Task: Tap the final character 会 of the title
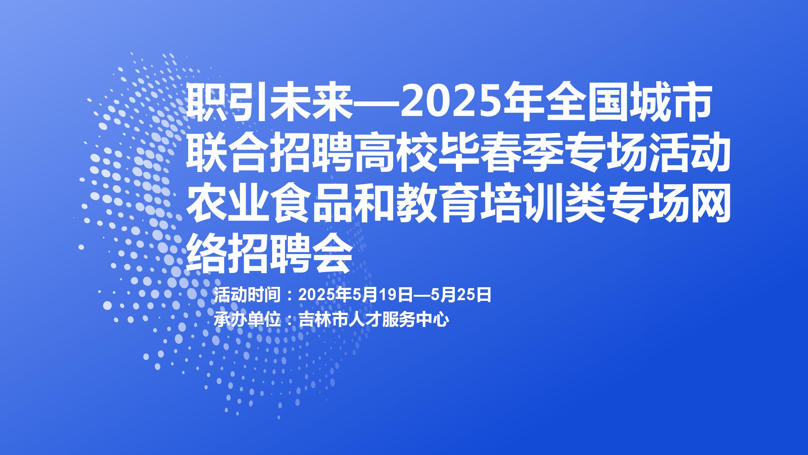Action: coord(331,254)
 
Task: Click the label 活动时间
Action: coord(247,295)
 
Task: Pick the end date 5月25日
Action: coord(460,295)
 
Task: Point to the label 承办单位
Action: coord(247,320)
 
